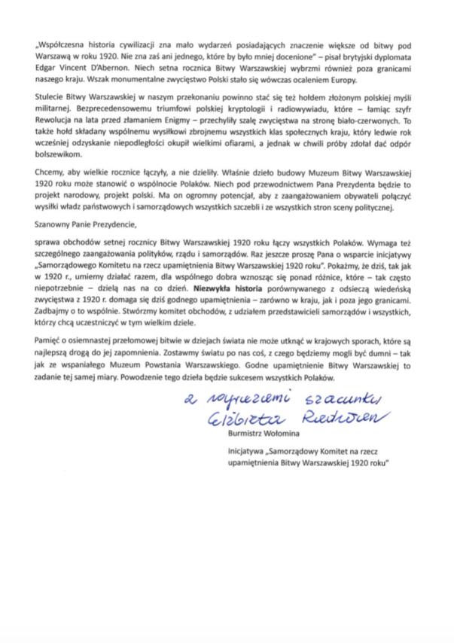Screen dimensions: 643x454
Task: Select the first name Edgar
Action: [47, 69]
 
